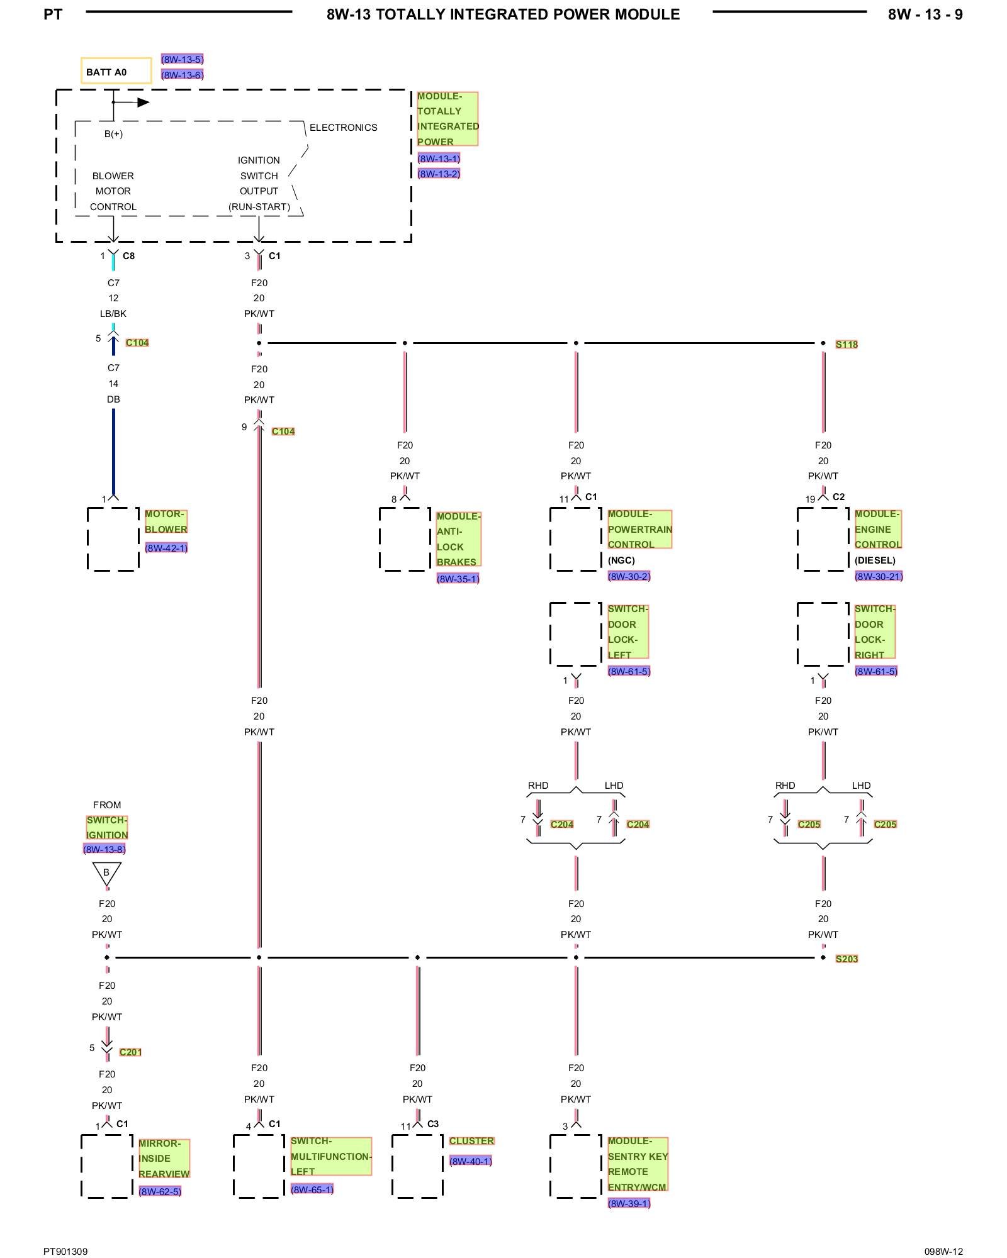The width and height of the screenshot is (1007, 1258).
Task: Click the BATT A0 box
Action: (116, 71)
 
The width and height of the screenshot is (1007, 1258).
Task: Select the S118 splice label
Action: (847, 344)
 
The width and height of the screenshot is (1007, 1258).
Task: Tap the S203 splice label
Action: (847, 959)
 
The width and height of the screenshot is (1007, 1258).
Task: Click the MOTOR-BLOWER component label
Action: (166, 521)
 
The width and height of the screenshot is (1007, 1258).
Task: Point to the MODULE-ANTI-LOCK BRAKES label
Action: (458, 539)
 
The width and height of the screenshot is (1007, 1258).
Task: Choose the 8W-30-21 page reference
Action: (879, 576)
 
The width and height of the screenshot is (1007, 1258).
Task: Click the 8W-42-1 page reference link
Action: (166, 548)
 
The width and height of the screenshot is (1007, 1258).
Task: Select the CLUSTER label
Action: (471, 1141)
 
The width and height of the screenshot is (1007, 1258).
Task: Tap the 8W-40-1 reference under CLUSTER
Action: (470, 1161)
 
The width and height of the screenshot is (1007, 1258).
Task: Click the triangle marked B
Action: (107, 873)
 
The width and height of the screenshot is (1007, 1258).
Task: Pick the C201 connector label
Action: (130, 1052)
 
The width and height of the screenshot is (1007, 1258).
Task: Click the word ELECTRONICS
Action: (343, 128)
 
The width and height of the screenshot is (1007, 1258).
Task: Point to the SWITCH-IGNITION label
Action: (107, 828)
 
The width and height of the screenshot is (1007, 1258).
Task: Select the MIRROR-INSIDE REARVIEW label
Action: (164, 1159)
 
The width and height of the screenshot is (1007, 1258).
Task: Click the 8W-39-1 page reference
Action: (629, 1203)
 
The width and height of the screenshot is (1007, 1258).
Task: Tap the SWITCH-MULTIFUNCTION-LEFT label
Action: (331, 1156)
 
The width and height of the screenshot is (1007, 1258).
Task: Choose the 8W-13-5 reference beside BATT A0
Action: (182, 59)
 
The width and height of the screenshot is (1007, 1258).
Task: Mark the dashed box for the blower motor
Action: (87, 539)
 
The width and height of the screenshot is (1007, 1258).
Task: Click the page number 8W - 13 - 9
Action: (925, 14)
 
